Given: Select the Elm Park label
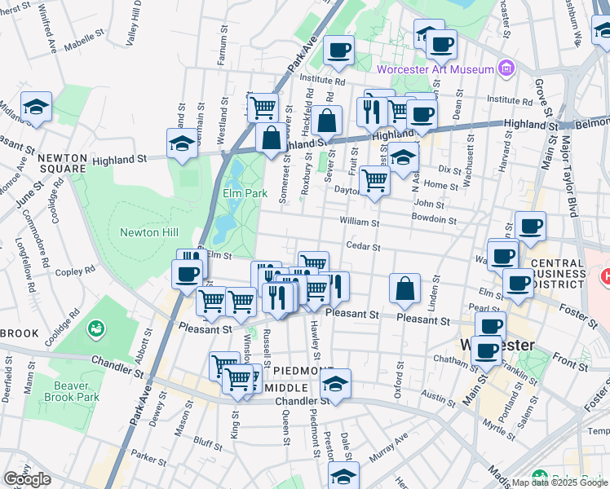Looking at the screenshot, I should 245,194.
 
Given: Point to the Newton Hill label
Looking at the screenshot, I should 148,232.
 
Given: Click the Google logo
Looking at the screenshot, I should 27,479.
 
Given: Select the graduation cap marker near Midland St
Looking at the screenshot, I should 36,108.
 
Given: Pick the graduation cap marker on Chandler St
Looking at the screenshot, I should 334,384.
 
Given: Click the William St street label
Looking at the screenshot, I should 360,222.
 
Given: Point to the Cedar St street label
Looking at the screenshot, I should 364,246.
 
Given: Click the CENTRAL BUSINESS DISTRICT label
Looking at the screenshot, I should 557,275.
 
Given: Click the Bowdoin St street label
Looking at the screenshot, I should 433,219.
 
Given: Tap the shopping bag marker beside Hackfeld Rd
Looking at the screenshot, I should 326,121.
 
